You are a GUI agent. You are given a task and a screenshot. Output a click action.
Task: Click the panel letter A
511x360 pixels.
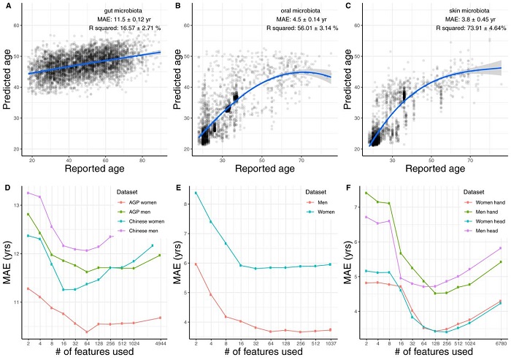[6, 6]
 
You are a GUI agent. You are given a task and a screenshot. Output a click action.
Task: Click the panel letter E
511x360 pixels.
[177, 187]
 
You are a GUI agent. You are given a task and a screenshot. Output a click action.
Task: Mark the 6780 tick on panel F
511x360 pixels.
[499, 342]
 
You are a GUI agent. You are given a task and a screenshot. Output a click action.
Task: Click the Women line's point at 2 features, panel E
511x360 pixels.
[196, 193]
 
